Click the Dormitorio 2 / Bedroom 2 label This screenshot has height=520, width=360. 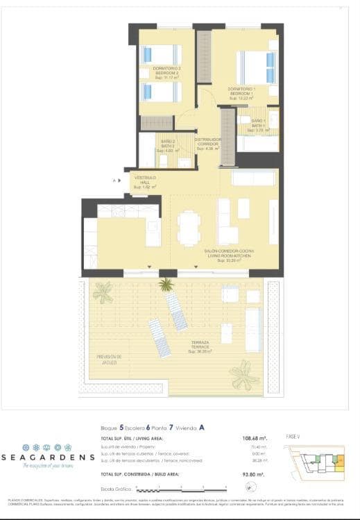point(162,72)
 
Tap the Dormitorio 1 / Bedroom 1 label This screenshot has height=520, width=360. point(242,92)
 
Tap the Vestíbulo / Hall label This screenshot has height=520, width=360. point(145,182)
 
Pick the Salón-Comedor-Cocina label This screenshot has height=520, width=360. point(228,255)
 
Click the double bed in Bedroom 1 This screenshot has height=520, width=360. point(256,68)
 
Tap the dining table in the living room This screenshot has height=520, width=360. point(188,227)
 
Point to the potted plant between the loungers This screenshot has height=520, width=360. point(166,284)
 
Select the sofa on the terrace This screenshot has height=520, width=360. point(252,329)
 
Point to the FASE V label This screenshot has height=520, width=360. point(293,436)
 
